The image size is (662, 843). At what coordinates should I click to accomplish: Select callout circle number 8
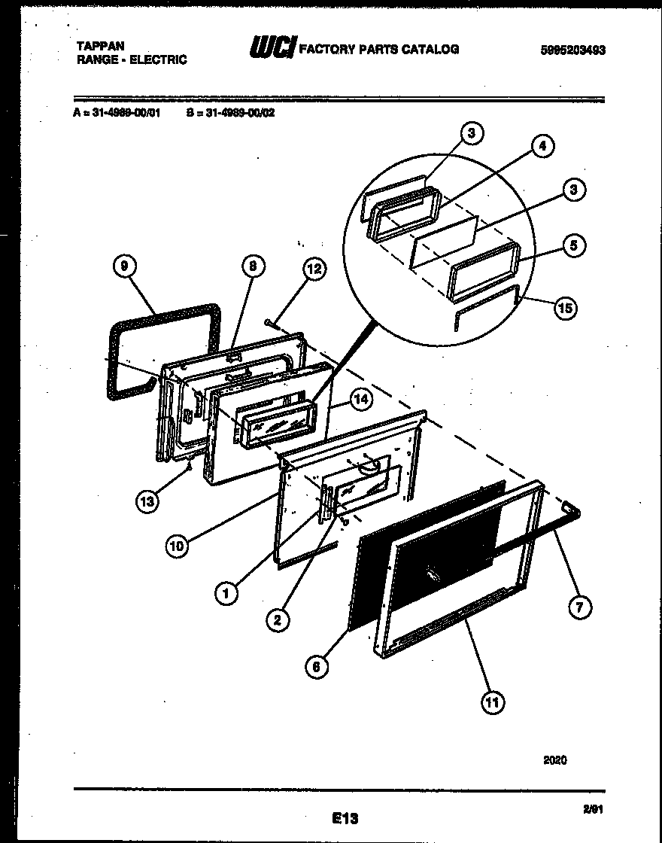coord(254,265)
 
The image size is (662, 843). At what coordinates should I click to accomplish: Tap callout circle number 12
coord(315,270)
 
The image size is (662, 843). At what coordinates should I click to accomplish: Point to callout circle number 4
coord(542,147)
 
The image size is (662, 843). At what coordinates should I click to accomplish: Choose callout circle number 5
coord(574,246)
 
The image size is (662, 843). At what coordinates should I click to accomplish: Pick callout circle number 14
coord(363,400)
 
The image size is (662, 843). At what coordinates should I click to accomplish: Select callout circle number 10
coord(177,546)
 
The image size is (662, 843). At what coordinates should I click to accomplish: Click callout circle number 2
coord(278,619)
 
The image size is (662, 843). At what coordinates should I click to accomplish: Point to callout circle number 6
coord(317,665)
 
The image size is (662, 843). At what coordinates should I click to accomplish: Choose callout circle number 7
coord(579,607)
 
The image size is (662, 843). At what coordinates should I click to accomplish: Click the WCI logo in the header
coord(272,48)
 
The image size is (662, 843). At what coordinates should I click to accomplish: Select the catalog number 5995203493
coord(572,50)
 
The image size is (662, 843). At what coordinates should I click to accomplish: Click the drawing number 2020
coord(555,760)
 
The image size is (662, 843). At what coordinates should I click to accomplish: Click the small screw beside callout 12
coord(270,323)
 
